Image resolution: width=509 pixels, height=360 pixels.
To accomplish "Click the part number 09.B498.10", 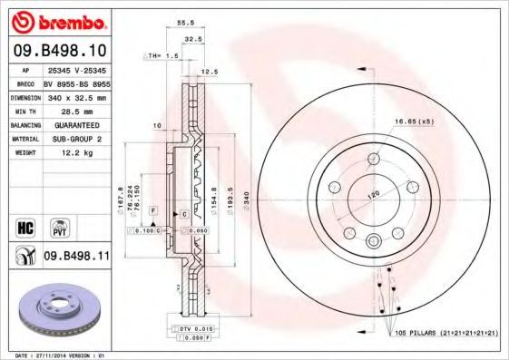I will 60,51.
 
